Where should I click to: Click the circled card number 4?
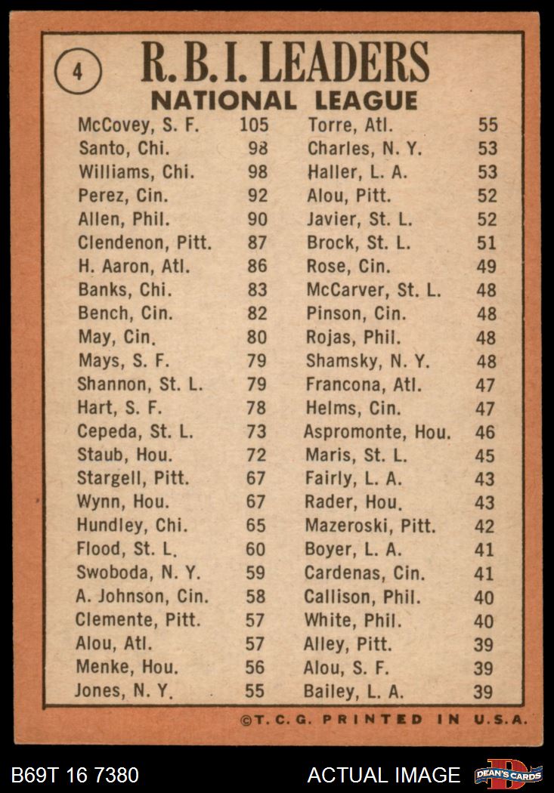point(78,73)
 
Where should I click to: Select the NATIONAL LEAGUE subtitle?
point(283,100)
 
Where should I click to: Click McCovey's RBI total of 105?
point(254,125)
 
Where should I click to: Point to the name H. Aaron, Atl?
point(133,266)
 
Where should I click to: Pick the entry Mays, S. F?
point(123,360)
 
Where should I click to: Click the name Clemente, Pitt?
point(138,620)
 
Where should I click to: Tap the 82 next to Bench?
point(257,313)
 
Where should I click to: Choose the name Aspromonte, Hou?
point(377,433)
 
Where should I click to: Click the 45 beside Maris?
point(484,456)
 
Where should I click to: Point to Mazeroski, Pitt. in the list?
point(372,526)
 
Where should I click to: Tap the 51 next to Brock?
point(487,243)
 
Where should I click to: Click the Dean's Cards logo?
point(508,774)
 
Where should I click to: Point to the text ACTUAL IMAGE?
point(383,775)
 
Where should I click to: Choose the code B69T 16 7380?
point(75,775)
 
